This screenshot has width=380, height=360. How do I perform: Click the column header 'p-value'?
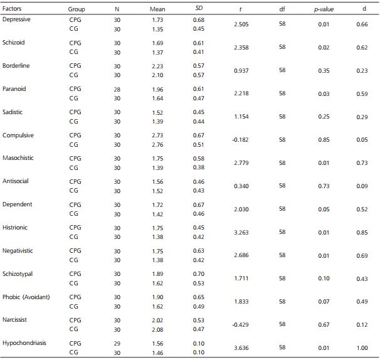324,9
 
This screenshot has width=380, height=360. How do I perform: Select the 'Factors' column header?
13,9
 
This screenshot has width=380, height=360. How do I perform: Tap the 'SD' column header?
199,9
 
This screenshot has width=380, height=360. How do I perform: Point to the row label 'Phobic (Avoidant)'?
26,296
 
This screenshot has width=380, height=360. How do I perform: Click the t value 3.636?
241,347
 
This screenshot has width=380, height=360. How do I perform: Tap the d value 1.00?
363,347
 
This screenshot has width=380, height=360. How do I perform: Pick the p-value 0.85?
324,139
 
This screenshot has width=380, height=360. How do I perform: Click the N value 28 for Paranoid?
117,89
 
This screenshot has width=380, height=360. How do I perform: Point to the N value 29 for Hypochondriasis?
117,343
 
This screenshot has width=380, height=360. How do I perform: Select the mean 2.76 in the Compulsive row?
157,144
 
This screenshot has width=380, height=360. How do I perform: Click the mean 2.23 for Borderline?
157,66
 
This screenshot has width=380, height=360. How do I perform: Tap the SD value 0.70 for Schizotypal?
199,273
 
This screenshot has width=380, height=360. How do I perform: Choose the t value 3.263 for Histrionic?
241,232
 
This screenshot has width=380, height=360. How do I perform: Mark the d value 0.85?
363,232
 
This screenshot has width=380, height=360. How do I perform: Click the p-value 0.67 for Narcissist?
324,324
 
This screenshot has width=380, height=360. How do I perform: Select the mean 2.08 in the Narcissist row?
157,329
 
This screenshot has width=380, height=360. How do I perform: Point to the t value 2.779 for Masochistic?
241,162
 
